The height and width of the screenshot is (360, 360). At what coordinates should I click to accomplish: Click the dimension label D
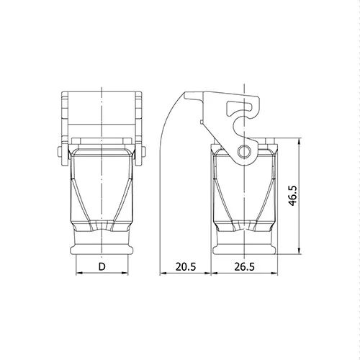102,266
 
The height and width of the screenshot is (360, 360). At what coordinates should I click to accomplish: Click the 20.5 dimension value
186,266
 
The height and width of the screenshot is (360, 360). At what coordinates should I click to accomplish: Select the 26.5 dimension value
244,266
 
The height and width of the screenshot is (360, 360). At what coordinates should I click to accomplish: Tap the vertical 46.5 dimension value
293,196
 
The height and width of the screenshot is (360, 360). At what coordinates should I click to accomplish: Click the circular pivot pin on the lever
244,151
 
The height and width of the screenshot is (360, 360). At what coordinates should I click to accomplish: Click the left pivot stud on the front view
60,151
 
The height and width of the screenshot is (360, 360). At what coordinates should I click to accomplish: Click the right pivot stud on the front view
143,151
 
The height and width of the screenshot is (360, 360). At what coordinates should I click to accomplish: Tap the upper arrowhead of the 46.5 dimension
299,141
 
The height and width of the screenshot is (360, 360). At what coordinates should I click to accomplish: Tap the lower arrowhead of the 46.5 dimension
299,251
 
